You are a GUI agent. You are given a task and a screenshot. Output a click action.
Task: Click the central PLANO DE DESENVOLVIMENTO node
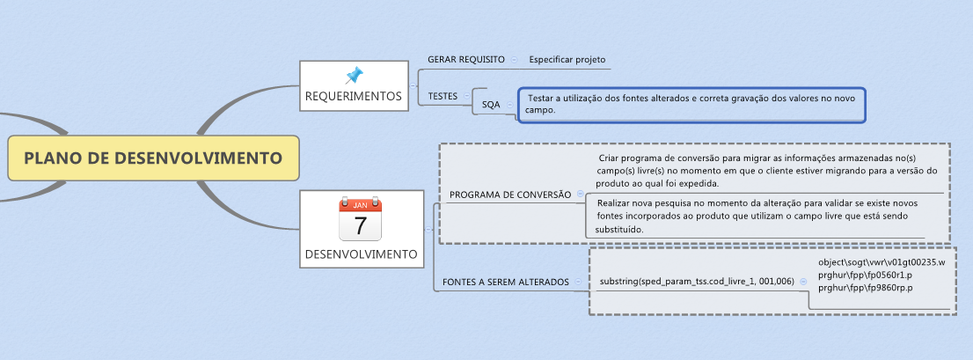tap(153, 158)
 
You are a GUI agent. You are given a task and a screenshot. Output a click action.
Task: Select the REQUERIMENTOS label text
tap(354, 95)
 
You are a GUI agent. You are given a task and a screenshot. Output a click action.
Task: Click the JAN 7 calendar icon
tap(360, 219)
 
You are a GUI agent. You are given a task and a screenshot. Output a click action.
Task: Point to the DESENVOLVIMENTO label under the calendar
tap(361, 254)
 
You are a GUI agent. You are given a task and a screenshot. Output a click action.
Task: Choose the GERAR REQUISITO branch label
tap(465, 59)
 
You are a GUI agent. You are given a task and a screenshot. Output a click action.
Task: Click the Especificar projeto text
tap(567, 60)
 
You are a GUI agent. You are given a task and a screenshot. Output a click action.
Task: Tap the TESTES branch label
tap(443, 96)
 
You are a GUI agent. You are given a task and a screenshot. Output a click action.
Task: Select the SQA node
tap(491, 104)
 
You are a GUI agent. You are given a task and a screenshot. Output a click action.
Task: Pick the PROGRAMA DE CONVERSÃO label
tap(510, 195)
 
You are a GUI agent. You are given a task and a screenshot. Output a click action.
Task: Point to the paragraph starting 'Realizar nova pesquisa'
tap(757, 216)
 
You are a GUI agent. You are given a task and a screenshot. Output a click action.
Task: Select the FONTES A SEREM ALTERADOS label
tap(506, 282)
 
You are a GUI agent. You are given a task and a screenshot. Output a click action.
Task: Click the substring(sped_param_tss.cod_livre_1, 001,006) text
tap(697, 281)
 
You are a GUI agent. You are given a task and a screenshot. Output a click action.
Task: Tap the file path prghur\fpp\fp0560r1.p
tap(866, 276)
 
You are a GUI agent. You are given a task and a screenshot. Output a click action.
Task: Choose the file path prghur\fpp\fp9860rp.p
tap(866, 288)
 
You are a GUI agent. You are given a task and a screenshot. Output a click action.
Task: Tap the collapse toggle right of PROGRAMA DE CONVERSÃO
tap(580, 195)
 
